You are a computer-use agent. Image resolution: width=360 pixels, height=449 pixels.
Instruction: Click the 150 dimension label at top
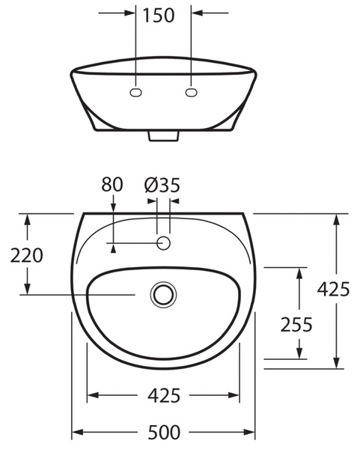point(159,16)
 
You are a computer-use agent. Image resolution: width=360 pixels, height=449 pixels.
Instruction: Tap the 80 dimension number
point(112,184)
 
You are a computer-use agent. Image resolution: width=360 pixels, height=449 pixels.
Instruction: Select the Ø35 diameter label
point(162,185)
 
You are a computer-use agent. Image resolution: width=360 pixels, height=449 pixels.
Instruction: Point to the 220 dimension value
point(27,255)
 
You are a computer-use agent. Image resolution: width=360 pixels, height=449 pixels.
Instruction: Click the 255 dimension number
point(296,325)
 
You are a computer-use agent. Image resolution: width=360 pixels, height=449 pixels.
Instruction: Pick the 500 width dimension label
point(164,433)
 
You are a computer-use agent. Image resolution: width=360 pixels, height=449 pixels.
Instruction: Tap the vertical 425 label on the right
point(333,289)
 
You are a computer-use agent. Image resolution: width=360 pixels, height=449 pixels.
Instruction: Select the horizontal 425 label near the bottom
point(164,395)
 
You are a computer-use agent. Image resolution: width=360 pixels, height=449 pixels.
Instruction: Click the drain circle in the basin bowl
point(163,295)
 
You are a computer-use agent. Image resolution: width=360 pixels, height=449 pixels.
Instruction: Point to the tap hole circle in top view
point(163,243)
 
